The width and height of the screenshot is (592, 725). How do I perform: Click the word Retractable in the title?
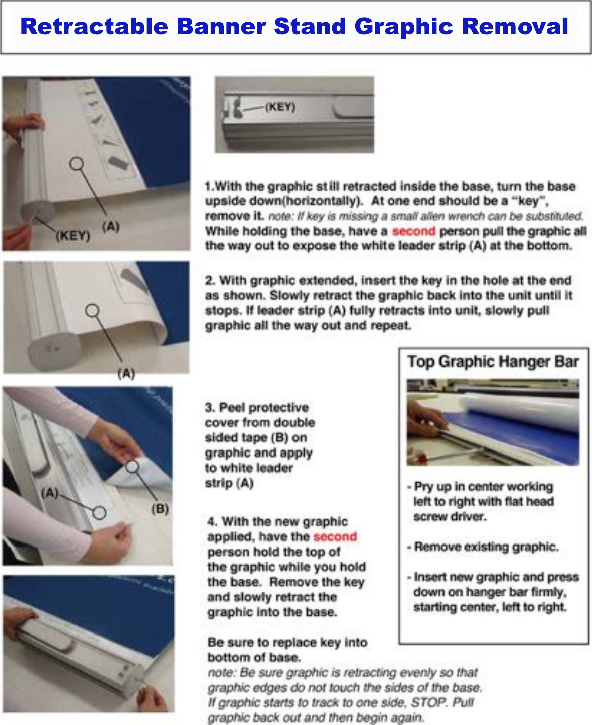click(94, 26)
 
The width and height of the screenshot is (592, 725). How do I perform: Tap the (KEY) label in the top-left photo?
click(72, 236)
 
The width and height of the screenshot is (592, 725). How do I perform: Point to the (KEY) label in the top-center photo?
click(280, 107)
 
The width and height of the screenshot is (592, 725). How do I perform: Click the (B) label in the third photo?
click(160, 509)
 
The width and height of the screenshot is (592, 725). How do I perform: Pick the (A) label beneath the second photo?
click(126, 374)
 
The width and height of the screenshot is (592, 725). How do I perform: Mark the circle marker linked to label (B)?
click(132, 466)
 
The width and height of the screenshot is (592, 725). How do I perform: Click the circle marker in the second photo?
click(92, 311)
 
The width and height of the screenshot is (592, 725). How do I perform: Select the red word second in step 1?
click(413, 231)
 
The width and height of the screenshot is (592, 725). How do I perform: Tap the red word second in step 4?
click(335, 537)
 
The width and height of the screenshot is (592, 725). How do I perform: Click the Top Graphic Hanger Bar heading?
click(493, 361)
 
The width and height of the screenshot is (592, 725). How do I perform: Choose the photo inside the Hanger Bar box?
click(493, 422)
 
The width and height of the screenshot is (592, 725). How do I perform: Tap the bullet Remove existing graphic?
click(485, 547)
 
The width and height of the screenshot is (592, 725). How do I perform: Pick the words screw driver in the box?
click(450, 517)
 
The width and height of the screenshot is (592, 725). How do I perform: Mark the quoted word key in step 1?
click(529, 201)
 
